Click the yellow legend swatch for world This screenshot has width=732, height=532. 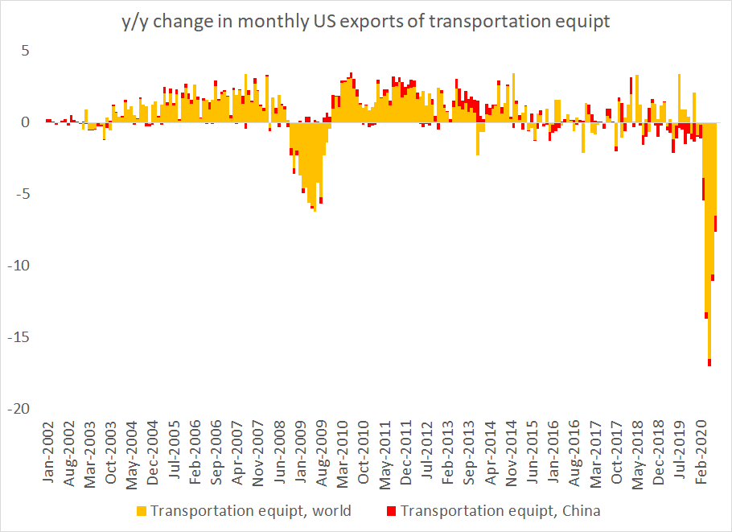coord(142,511)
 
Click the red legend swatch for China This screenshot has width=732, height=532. coord(392,511)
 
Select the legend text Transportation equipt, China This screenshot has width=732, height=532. coord(500,511)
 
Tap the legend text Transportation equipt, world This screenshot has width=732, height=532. coord(250,511)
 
